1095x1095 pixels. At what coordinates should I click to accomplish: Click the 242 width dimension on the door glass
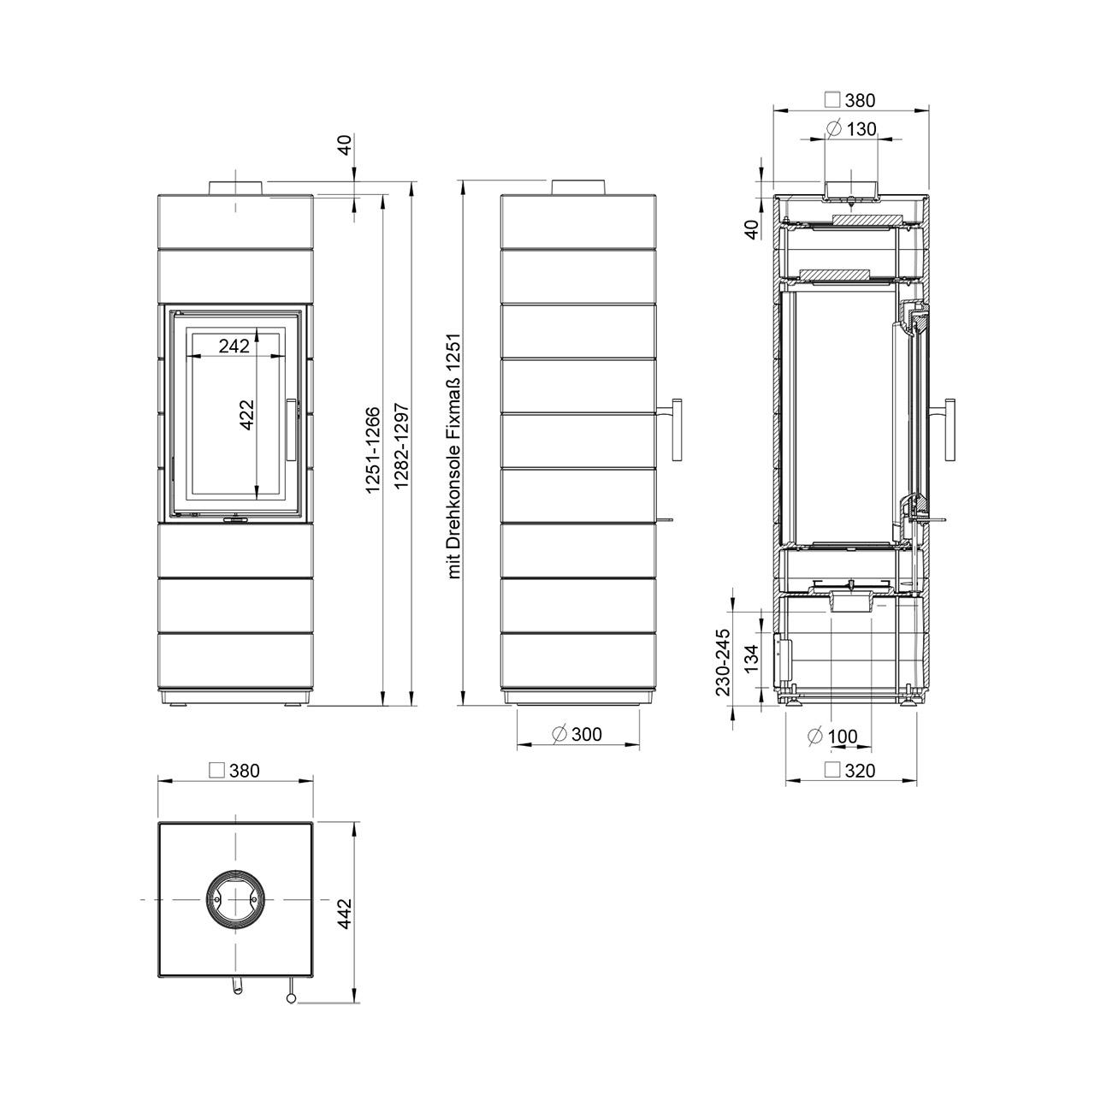pos(234,346)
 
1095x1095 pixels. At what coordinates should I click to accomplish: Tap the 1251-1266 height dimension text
pos(372,449)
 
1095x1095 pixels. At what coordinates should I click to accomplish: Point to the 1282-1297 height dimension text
pos(402,446)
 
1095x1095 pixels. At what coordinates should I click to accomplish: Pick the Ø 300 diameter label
pos(577,734)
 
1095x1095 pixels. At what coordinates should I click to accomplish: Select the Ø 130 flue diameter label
pos(851,129)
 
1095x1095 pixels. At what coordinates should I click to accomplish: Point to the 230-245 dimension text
pos(723,662)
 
